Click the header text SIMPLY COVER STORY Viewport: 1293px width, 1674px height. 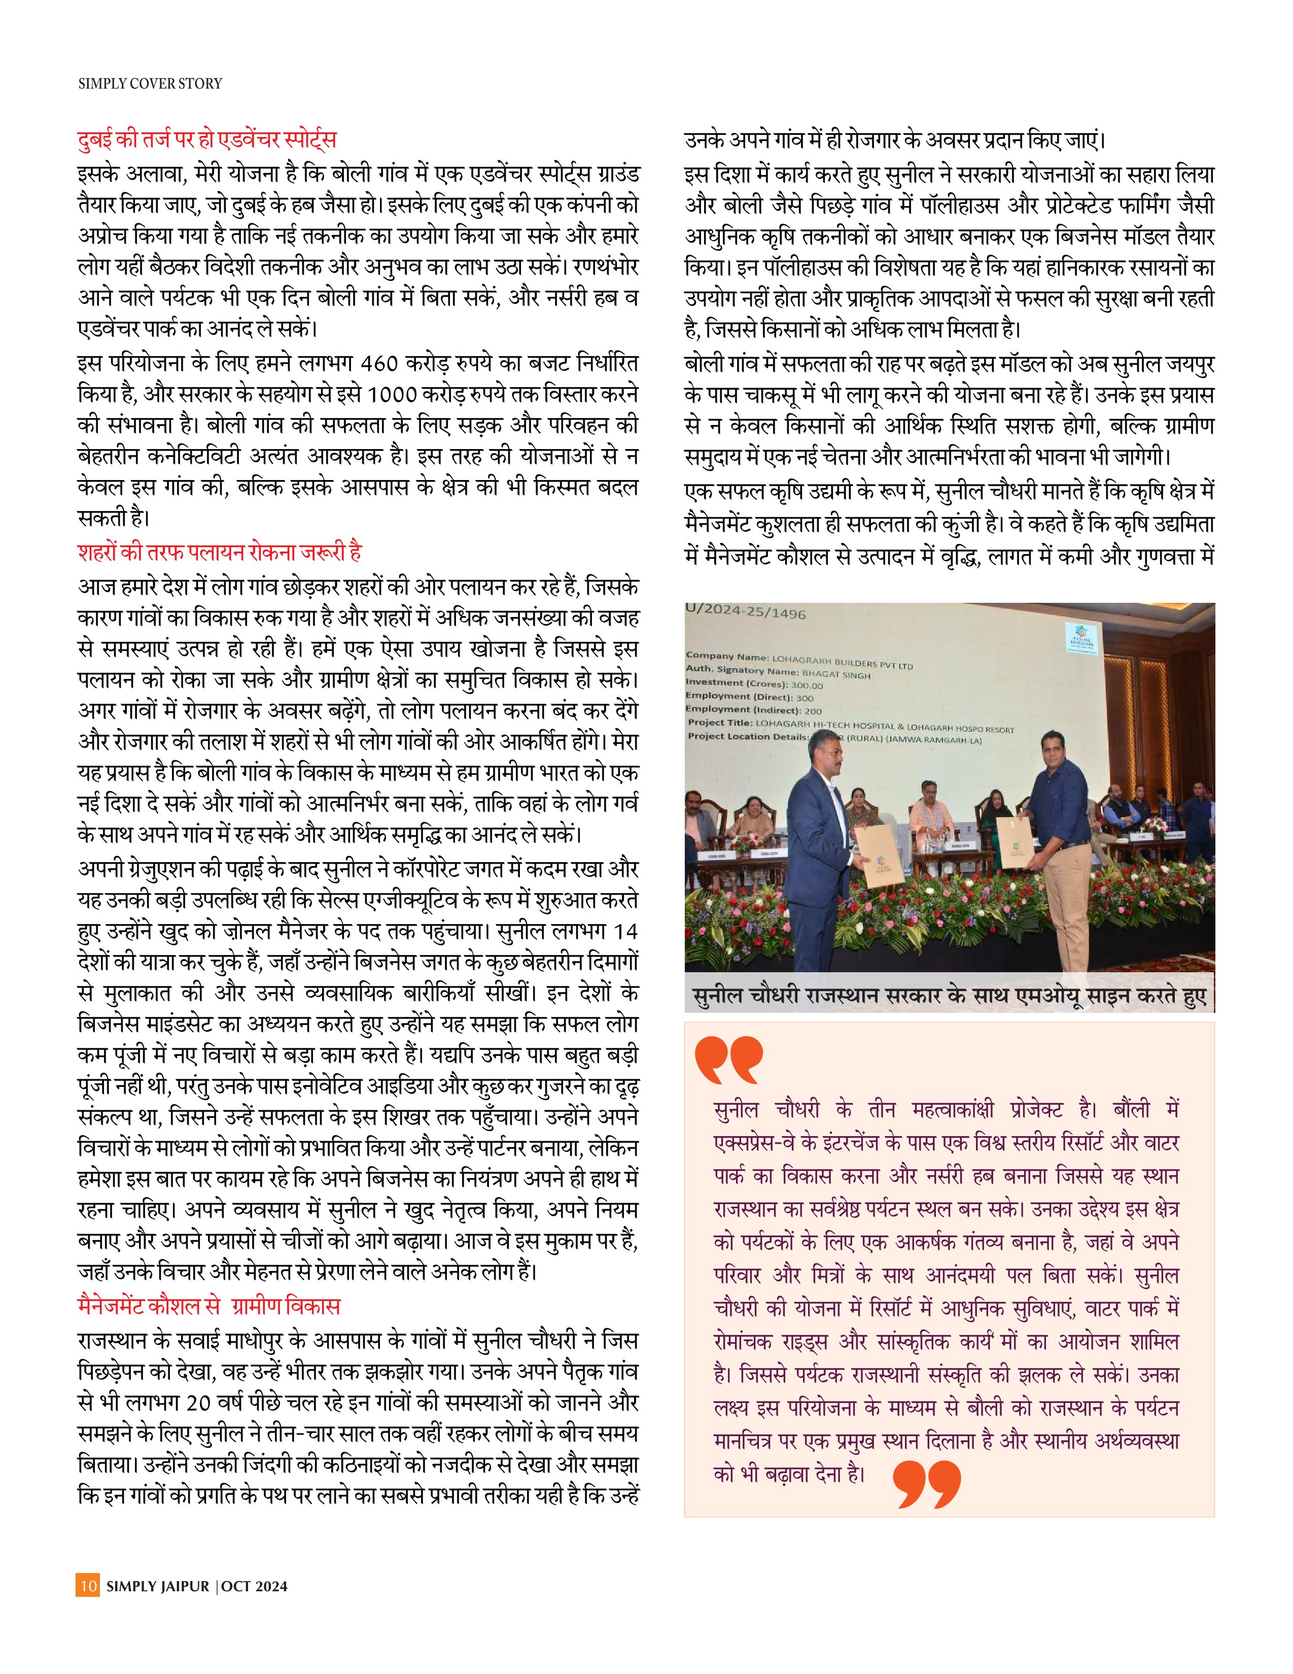coord(150,84)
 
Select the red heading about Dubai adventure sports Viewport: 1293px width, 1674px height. coord(207,140)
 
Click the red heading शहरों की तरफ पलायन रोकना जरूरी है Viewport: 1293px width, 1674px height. coord(219,552)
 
